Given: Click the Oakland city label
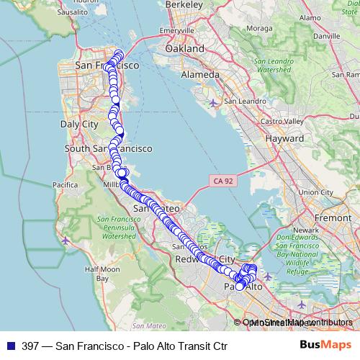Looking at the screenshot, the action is (180, 48).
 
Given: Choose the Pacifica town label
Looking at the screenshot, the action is (64, 185).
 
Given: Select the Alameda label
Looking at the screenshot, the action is (201, 74).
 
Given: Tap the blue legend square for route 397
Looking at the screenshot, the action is (10, 346).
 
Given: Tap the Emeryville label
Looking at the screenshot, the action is (178, 31).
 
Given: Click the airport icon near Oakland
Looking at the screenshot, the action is (213, 103).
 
